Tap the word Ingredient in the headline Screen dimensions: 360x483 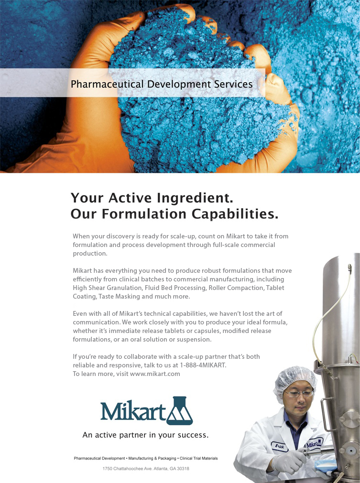[x=195, y=198]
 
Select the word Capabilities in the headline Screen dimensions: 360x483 [x=235, y=214]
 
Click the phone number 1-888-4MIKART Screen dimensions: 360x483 [x=203, y=365]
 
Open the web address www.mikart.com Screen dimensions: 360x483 [x=155, y=374]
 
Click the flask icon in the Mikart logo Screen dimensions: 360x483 [x=180, y=410]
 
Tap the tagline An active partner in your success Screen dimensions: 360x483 [x=145, y=435]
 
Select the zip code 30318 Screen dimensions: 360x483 [x=183, y=469]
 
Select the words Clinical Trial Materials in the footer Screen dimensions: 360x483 [x=199, y=458]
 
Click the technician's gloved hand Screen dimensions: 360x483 [x=289, y=461]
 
